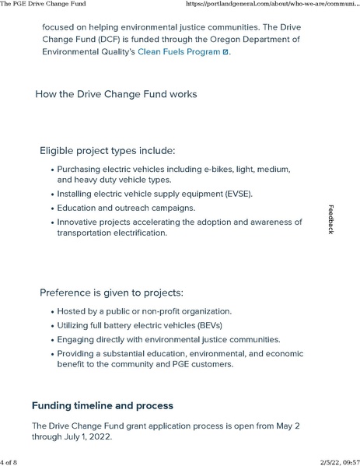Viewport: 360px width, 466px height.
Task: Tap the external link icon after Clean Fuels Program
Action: [x=225, y=52]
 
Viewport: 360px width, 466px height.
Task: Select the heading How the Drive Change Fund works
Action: [x=116, y=94]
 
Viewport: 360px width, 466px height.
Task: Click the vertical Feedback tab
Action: [x=331, y=220]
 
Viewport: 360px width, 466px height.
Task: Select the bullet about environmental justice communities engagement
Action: [x=180, y=339]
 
